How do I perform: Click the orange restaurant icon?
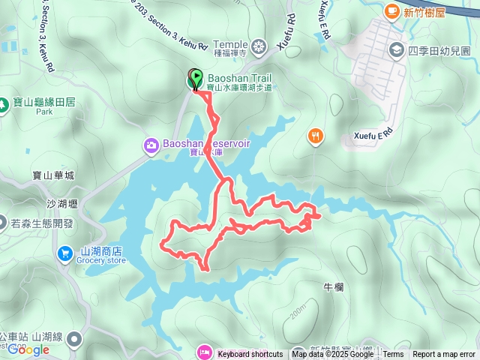click(x=316, y=136)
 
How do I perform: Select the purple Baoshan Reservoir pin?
click(x=150, y=144)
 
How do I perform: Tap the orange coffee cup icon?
click(x=391, y=11)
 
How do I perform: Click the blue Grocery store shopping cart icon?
click(x=66, y=255)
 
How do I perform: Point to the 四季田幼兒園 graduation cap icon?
click(x=395, y=50)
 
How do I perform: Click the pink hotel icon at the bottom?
click(x=204, y=352)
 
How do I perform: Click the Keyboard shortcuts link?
click(x=250, y=355)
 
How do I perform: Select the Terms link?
click(x=393, y=355)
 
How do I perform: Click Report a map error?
click(x=444, y=355)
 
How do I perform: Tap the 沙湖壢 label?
click(x=62, y=204)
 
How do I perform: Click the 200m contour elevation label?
click(x=298, y=309)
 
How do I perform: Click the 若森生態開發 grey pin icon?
click(x=4, y=223)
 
